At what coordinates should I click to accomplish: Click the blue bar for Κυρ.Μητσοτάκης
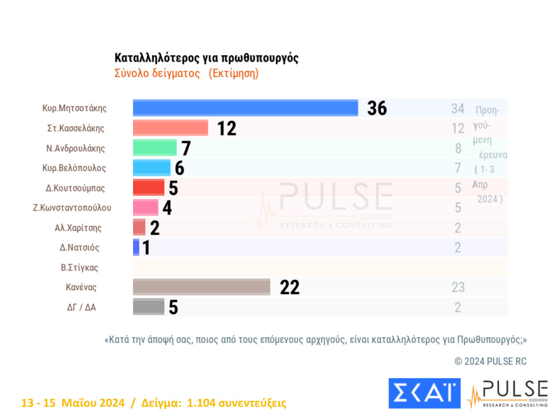(x=245, y=108)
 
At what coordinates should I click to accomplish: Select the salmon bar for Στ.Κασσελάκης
(x=170, y=128)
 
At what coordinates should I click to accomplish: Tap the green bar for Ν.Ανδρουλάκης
(x=154, y=148)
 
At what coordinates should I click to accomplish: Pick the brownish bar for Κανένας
(x=201, y=287)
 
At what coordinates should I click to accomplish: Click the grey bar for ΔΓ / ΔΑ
(x=148, y=307)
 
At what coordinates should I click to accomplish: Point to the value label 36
(x=377, y=108)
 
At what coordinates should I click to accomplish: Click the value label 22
(x=290, y=288)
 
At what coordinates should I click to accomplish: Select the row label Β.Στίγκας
(x=80, y=267)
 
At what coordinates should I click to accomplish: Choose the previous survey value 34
(x=458, y=109)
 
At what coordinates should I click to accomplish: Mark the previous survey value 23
(x=458, y=288)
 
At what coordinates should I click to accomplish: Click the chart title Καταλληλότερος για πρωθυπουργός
(x=206, y=58)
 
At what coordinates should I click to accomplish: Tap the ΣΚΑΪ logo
(x=424, y=393)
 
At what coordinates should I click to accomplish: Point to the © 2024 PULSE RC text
(x=491, y=361)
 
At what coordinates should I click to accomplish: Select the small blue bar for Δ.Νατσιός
(x=136, y=248)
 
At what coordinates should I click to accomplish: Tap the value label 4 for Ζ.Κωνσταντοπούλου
(x=167, y=207)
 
